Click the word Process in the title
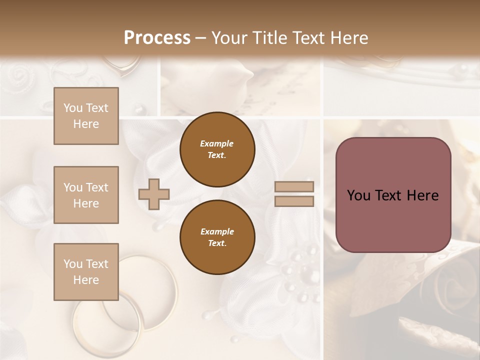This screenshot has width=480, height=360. click(x=157, y=38)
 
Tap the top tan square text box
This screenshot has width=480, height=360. click(x=86, y=116)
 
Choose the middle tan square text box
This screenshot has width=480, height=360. click(x=86, y=195)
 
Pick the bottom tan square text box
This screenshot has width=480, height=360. click(x=86, y=271)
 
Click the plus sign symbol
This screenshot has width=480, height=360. click(x=154, y=194)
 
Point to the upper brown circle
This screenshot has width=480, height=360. click(x=217, y=149)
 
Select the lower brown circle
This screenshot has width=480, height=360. click(x=217, y=237)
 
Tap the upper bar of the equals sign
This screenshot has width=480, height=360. click(x=294, y=186)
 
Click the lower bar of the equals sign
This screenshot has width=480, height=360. click(x=294, y=201)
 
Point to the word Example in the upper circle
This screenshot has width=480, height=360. click(x=217, y=143)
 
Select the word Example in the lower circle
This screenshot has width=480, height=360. click(x=217, y=231)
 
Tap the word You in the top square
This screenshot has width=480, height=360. click(x=73, y=108)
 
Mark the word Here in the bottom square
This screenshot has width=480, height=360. click(x=86, y=280)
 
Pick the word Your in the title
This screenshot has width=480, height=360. click(x=230, y=38)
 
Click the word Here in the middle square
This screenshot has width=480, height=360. click(x=86, y=203)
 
